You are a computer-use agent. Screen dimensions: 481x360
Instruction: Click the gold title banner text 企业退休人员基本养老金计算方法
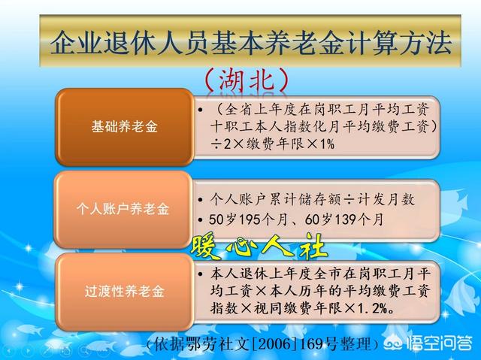tap(250, 42)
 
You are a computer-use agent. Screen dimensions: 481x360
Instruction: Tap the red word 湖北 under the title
tap(247, 80)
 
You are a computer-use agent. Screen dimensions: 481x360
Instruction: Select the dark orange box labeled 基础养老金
tap(124, 127)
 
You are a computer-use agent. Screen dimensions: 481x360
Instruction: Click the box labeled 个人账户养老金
tap(123, 209)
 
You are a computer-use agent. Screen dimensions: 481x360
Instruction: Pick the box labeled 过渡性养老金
tap(124, 292)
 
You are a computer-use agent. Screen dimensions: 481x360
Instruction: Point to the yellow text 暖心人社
tap(259, 247)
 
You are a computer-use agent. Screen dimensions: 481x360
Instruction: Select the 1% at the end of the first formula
tap(327, 144)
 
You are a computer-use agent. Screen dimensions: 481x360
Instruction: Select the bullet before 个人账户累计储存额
tap(201, 200)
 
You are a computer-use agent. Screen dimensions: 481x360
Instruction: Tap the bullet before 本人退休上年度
tap(201, 274)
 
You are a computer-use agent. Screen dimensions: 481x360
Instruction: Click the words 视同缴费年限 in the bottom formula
tap(298, 308)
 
